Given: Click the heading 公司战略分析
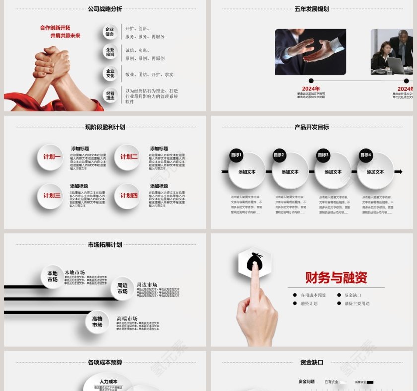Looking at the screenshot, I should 105,9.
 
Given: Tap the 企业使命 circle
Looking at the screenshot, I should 110,32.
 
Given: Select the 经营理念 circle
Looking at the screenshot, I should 110,95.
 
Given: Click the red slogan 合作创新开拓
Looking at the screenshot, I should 55,28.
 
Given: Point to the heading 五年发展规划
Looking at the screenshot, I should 312,9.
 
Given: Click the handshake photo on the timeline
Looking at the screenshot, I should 310,52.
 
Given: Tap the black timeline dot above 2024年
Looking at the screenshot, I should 311,81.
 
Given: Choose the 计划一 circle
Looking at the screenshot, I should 51,157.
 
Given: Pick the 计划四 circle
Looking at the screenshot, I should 128,195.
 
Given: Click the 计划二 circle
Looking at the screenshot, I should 128,157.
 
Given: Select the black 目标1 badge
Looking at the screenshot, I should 236,155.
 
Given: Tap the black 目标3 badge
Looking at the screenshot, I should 323,155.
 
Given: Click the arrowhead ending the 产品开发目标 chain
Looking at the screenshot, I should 398,172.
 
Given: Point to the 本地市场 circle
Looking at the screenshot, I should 53,277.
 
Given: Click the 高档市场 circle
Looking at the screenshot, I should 97,322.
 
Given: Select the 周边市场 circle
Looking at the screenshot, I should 122,289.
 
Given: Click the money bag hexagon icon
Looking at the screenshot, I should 254,261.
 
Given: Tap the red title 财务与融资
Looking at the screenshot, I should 336,278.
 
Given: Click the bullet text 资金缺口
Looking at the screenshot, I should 352,295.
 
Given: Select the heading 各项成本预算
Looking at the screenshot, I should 105,362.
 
